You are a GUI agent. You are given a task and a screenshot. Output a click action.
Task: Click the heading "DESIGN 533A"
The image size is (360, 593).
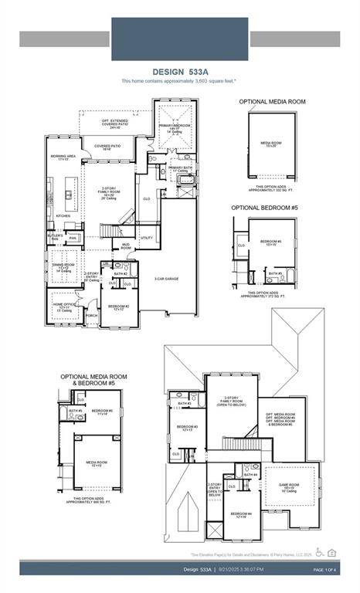[x=179, y=71]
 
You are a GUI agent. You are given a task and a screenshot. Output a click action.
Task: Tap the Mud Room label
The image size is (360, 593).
[x=125, y=247]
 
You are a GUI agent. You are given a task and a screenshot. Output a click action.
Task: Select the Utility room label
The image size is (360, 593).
[x=146, y=238]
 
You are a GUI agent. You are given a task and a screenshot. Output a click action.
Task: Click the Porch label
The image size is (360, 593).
[x=92, y=314]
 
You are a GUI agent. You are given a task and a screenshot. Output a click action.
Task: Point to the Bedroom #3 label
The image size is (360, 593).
[x=186, y=428]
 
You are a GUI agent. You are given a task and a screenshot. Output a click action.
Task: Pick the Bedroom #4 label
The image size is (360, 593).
[x=239, y=515]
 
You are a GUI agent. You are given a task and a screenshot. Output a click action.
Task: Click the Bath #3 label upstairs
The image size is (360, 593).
[x=184, y=403]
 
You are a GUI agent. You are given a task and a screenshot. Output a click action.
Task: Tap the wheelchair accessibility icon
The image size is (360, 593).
[x=320, y=552]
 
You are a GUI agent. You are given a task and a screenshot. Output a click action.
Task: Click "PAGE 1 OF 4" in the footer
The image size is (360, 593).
[x=328, y=569]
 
